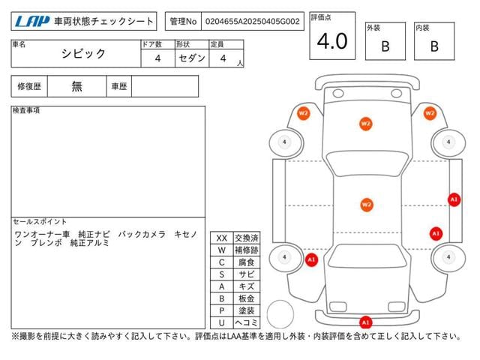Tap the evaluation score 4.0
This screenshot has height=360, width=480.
click(331, 42)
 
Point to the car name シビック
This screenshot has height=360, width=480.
click(83, 54)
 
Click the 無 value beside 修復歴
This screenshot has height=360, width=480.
click(77, 86)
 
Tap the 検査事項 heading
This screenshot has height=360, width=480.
click(27, 111)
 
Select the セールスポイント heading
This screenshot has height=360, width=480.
click(40, 223)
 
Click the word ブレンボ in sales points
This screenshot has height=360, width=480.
click(46, 243)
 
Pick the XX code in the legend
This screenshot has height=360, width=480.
click(221, 238)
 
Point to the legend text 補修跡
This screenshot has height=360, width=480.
click(246, 250)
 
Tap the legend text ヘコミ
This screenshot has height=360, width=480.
click(246, 322)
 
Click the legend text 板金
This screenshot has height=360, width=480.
click(246, 298)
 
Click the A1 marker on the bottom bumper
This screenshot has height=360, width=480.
click(366, 322)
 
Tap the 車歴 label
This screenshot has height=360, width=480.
click(118, 86)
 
